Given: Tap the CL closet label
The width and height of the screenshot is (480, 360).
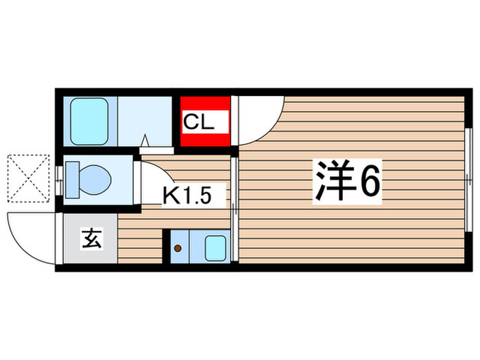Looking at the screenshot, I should pos(199,123).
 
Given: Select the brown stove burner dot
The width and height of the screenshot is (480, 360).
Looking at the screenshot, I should pos(179,249).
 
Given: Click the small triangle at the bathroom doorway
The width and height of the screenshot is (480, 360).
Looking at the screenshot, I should pos(145,142).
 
